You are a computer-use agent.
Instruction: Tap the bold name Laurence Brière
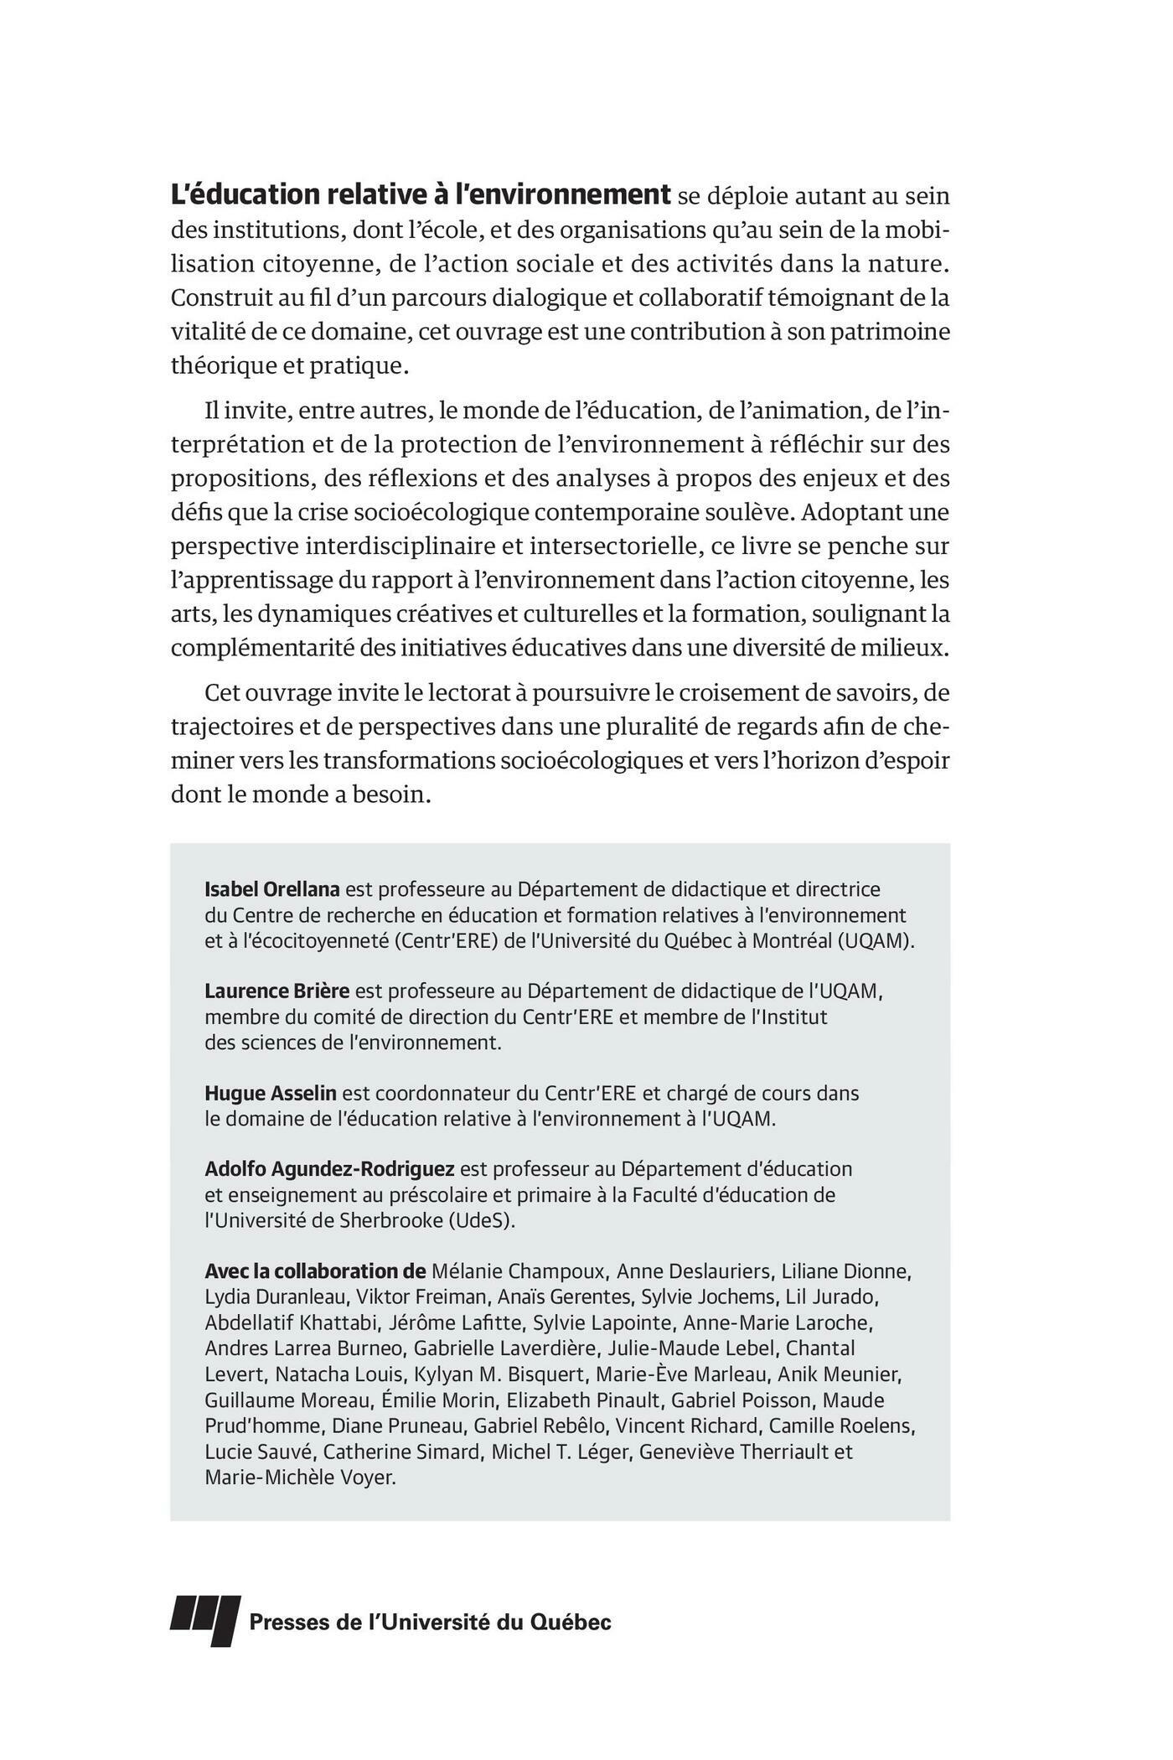click(x=276, y=991)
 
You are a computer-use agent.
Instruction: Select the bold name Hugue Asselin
click(x=270, y=1093)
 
